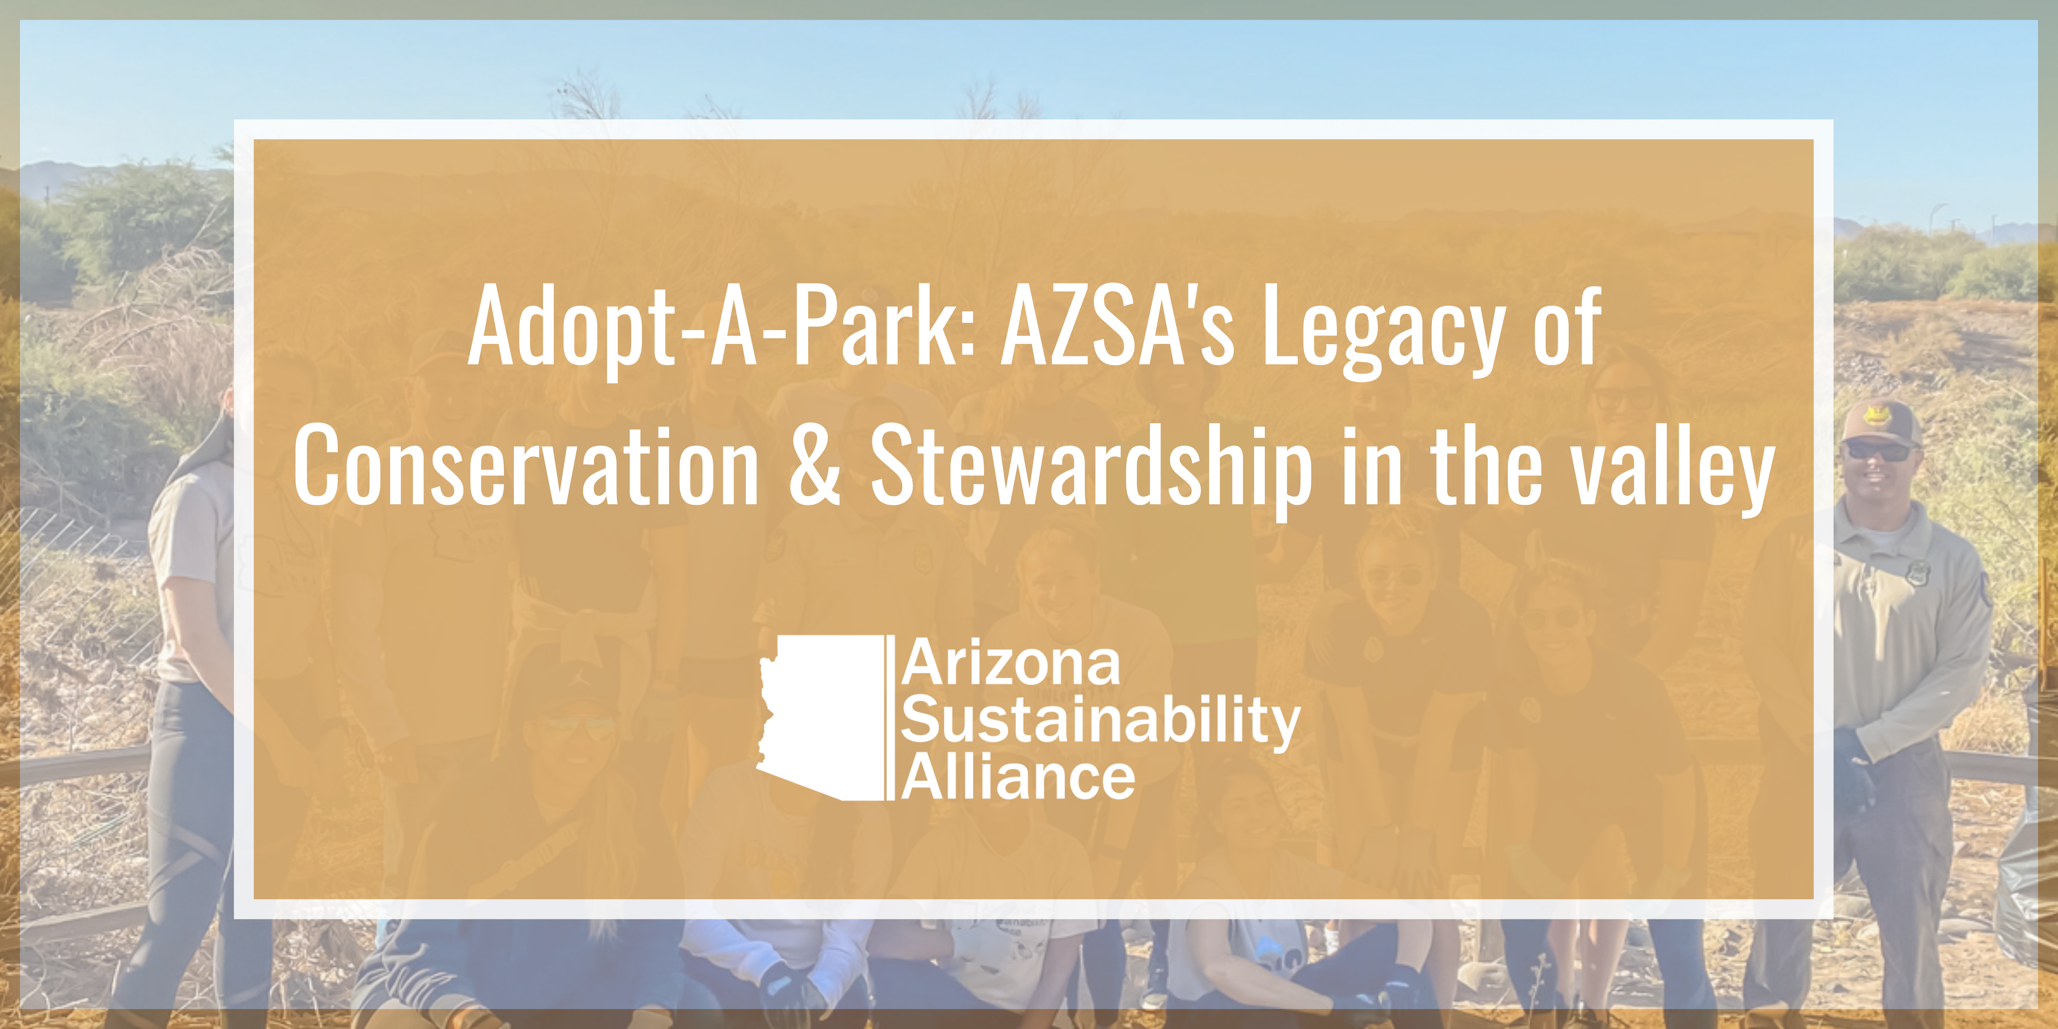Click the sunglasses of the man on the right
(x=1880, y=452)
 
